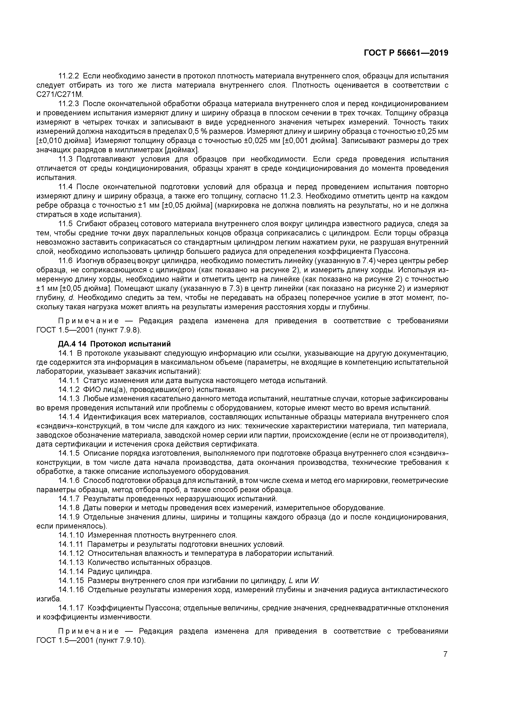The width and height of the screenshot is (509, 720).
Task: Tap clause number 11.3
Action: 65,159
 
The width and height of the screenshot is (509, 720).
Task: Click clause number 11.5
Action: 65,224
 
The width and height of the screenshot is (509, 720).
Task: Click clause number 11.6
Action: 65,261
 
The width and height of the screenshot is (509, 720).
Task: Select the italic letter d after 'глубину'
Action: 71,298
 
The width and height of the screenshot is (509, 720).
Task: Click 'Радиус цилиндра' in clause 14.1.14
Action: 120,572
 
